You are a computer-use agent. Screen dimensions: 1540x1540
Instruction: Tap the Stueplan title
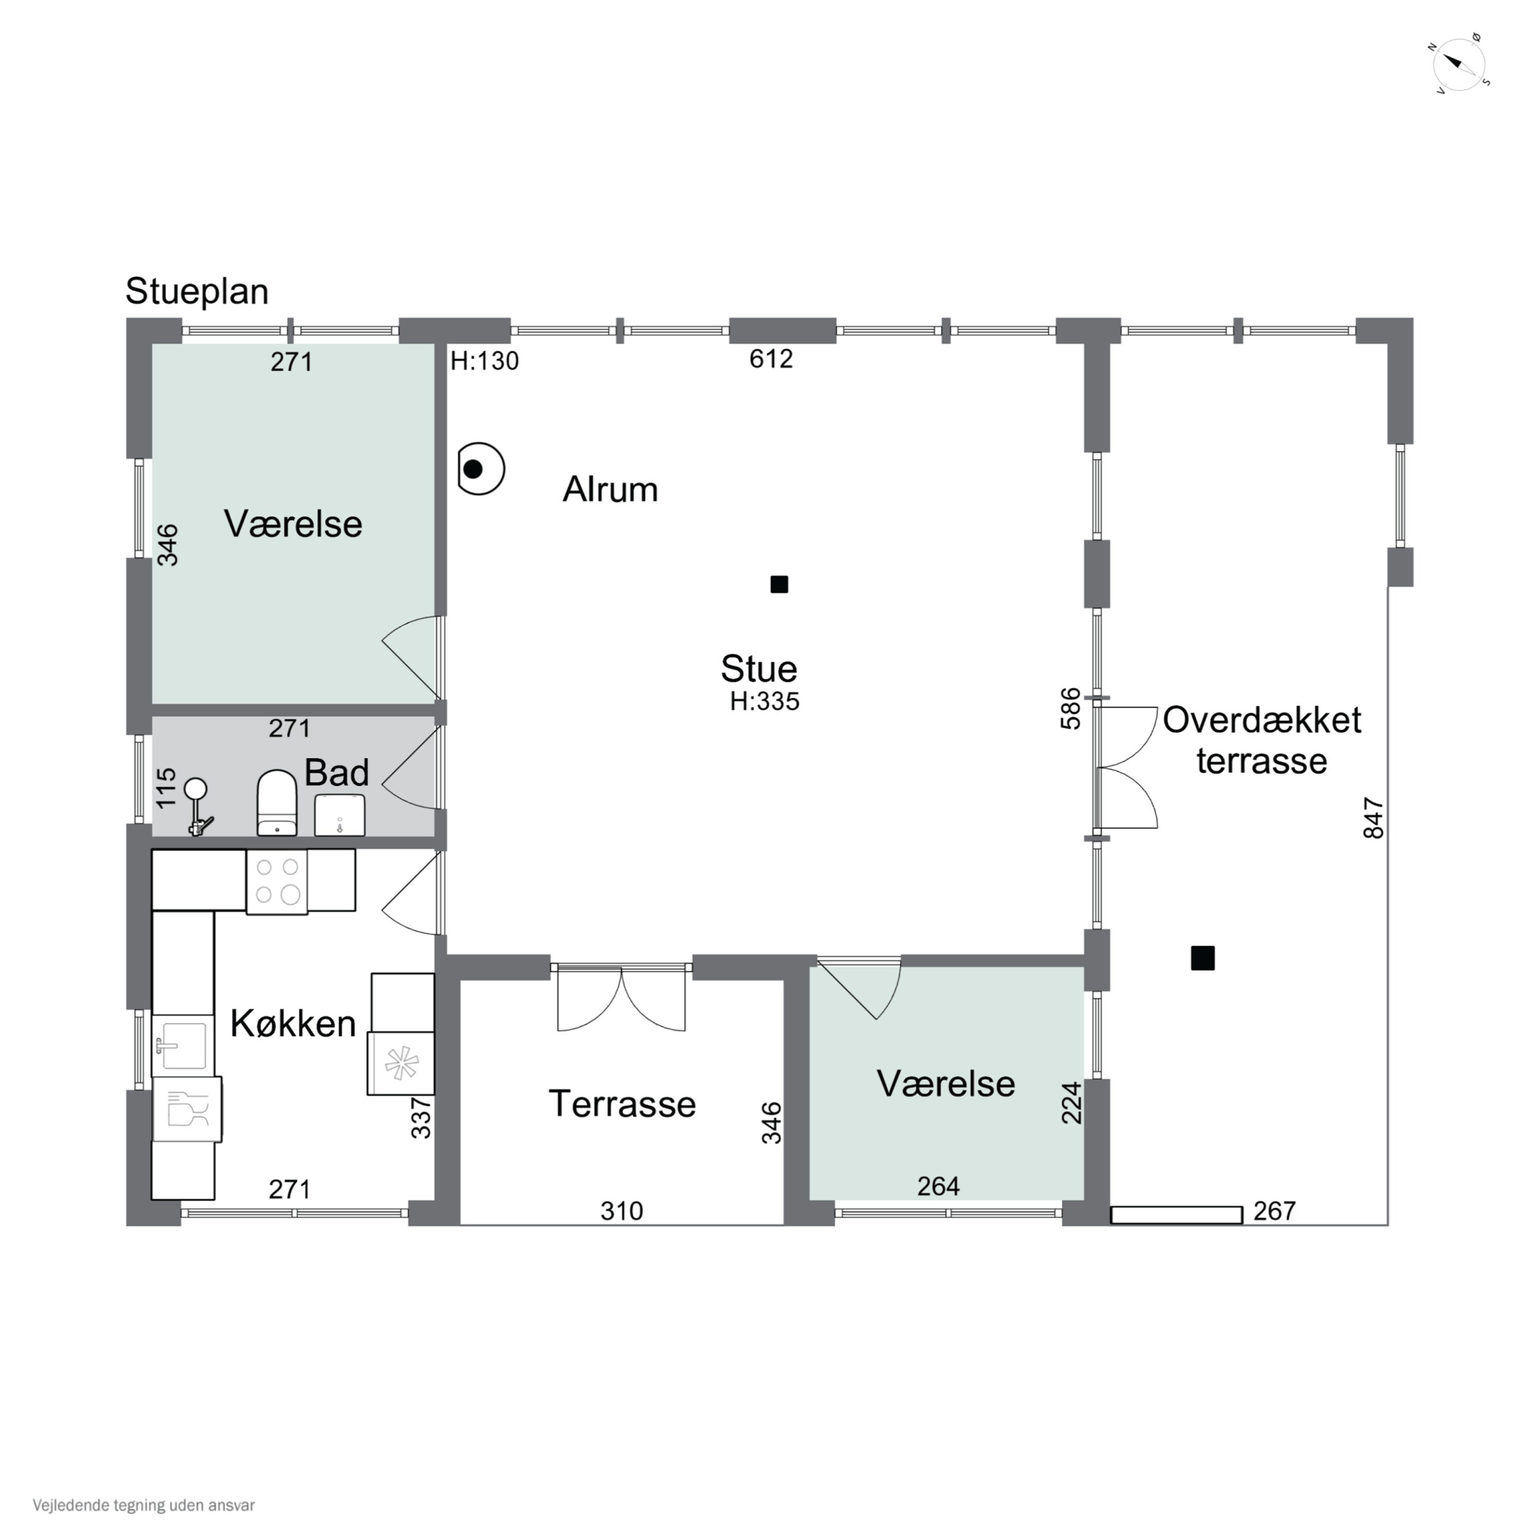click(197, 292)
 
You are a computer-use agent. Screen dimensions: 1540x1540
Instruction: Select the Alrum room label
click(610, 489)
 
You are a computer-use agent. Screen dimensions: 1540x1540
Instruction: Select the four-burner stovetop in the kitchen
click(277, 881)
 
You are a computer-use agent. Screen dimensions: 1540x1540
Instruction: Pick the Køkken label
click(293, 1024)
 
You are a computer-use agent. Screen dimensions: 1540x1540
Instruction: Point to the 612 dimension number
click(771, 359)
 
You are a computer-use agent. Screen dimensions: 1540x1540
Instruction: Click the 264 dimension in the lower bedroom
click(938, 1186)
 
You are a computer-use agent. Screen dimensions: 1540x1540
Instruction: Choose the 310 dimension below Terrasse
click(622, 1211)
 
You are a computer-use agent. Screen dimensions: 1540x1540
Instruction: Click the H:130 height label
click(485, 361)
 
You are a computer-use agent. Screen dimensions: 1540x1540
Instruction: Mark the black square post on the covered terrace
click(1203, 958)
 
